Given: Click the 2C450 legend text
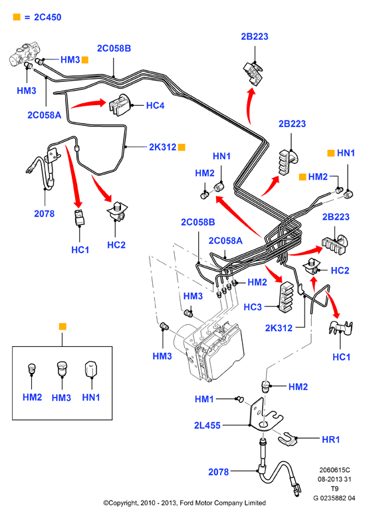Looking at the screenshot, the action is coord(48,17).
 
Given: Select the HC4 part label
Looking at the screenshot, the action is coord(155,105).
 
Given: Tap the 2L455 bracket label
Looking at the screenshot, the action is coord(207,425).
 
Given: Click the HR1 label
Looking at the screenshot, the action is coord(330,439).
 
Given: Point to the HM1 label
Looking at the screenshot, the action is coord(204,399).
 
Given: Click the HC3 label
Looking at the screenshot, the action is coord(253,307).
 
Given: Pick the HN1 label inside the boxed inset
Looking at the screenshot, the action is coord(91,397).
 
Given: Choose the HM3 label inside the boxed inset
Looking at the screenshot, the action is coord(61,397).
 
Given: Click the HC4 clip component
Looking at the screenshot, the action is coord(119,104).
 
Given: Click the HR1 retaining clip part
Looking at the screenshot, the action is coord(288,438).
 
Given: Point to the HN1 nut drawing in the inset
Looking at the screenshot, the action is coord(91,369).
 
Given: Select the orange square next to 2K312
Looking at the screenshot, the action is coord(182,147).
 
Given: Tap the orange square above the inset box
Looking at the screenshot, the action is coord(62,326).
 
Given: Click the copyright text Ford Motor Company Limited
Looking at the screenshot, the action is coord(223,503).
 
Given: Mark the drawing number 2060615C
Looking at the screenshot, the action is coord(334,470).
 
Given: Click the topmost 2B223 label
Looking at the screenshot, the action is coord(255,37).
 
